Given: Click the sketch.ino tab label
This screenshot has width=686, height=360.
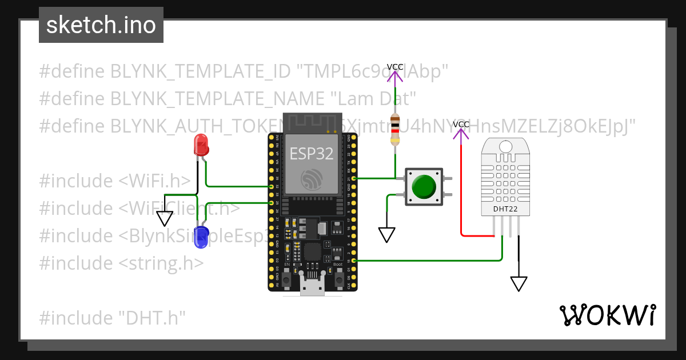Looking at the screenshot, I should coord(101,25).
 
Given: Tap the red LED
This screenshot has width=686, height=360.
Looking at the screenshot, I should coord(201,145).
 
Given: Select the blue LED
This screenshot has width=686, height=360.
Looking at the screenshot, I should coord(201,237).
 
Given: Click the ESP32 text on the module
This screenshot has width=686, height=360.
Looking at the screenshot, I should coord(312,153).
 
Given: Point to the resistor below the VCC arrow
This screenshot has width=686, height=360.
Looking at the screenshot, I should coord(394,129).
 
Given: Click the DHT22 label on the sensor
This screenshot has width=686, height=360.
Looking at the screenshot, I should coord(505,209).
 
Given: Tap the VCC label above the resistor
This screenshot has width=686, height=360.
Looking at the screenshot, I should coord(395,67).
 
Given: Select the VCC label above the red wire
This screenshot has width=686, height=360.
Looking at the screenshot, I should coord(461,124).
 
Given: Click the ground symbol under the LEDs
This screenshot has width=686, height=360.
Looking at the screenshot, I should coord(165,218).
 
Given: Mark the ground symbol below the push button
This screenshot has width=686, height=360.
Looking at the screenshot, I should coord(387,234).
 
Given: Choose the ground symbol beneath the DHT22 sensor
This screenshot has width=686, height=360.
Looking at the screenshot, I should coord(519,283).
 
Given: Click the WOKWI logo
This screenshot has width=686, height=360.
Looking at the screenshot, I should coord(607,315).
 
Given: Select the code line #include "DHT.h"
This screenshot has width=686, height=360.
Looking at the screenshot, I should coord(113,318).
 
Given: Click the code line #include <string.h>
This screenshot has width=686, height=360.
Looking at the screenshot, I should coord(121,263).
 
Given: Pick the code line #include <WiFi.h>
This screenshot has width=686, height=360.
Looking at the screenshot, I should coord(115,181).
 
